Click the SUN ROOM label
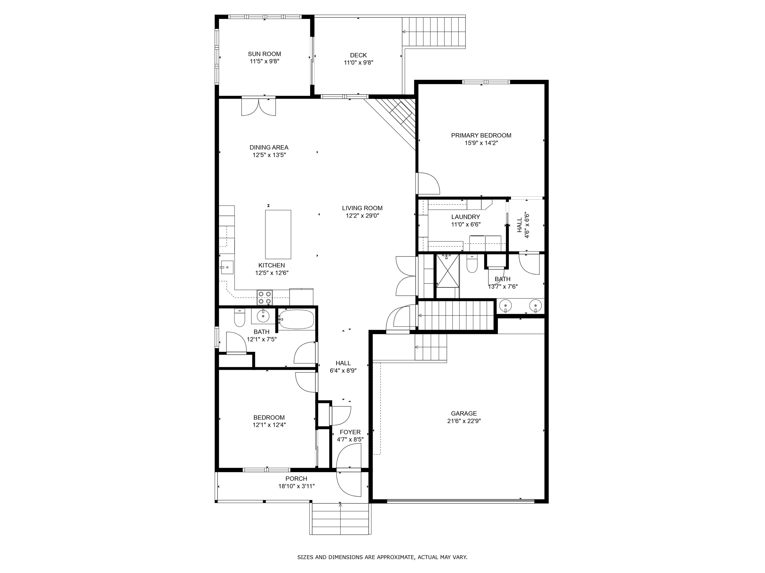coord(264,54)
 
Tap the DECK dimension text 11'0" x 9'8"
coord(358,62)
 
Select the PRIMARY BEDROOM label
coord(481,135)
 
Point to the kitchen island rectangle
coord(278,234)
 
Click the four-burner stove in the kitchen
coord(264,298)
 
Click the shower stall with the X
coord(447,270)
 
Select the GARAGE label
coord(464,413)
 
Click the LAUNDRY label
coord(465,217)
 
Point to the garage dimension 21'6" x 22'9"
coord(464,421)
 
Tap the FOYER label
coord(350,432)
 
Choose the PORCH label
coord(296,479)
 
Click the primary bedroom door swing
coord(429,183)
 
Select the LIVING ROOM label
coord(362,208)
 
